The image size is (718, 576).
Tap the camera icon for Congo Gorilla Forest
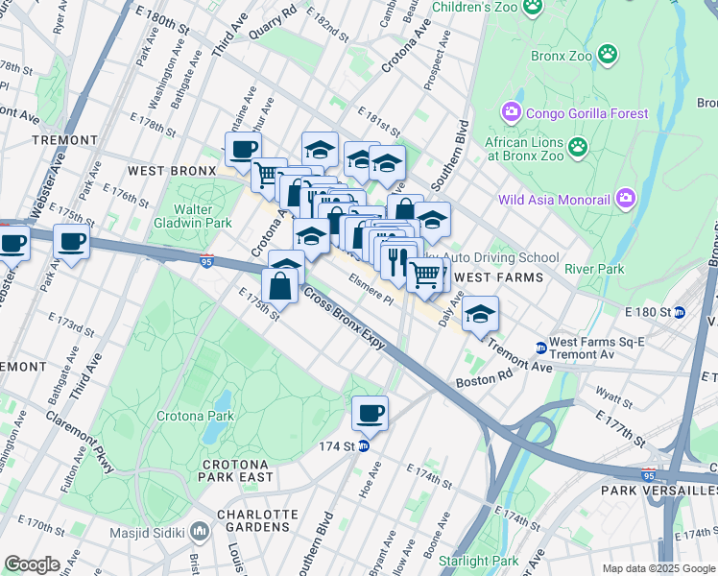coord(511,113)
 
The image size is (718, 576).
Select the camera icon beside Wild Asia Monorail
coord(627,200)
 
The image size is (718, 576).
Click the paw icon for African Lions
coord(577,147)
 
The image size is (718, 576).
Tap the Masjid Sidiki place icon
coord(199,531)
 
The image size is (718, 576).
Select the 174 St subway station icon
coord(364,446)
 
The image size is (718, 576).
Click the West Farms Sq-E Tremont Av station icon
coord(540,348)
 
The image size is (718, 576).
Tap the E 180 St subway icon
coord(681,311)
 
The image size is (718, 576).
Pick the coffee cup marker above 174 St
coord(370,414)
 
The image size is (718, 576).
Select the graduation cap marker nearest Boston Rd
coord(480,313)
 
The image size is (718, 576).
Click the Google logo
coord(33,564)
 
